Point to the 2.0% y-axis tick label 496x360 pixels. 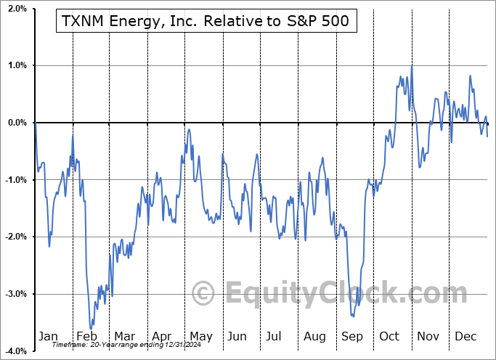coord(16,9)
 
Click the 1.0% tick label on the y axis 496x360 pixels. coord(16,65)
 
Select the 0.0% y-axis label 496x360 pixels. coord(16,123)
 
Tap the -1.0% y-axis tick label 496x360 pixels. coord(15,180)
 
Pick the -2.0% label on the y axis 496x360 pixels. coord(15,237)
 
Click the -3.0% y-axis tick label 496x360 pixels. coord(15,294)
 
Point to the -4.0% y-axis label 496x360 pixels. coord(15,351)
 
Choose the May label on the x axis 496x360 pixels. coord(200,336)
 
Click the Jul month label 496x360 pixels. coord(274,336)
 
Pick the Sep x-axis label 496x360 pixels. coord(351,336)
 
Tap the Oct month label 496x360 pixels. coord(389,336)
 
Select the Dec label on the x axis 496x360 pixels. coord(465,336)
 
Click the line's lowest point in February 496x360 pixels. coord(92,329)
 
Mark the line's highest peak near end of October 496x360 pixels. coord(412,67)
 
